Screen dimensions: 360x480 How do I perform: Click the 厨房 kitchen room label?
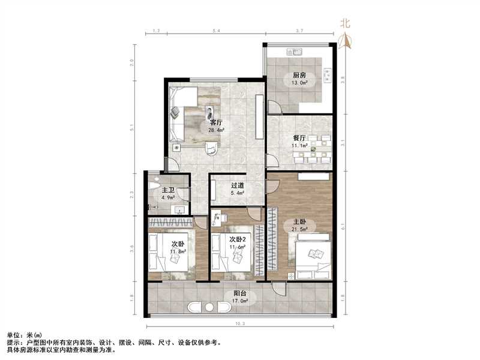pos(300,75)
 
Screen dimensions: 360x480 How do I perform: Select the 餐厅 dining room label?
pos(299,138)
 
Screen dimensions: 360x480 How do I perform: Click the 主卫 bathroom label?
pos(167,191)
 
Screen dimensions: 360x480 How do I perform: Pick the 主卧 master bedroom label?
pos(299,220)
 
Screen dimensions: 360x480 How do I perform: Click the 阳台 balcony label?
pos(239,294)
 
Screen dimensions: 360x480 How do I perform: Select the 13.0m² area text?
pos(300,83)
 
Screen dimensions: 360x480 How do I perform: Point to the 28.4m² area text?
pos(217,130)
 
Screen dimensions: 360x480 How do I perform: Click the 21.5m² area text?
pos(299,229)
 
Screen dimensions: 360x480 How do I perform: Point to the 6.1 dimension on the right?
pos(343,227)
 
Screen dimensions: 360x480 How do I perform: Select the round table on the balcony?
pos(210,307)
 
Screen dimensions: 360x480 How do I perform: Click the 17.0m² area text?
pos(239,302)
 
